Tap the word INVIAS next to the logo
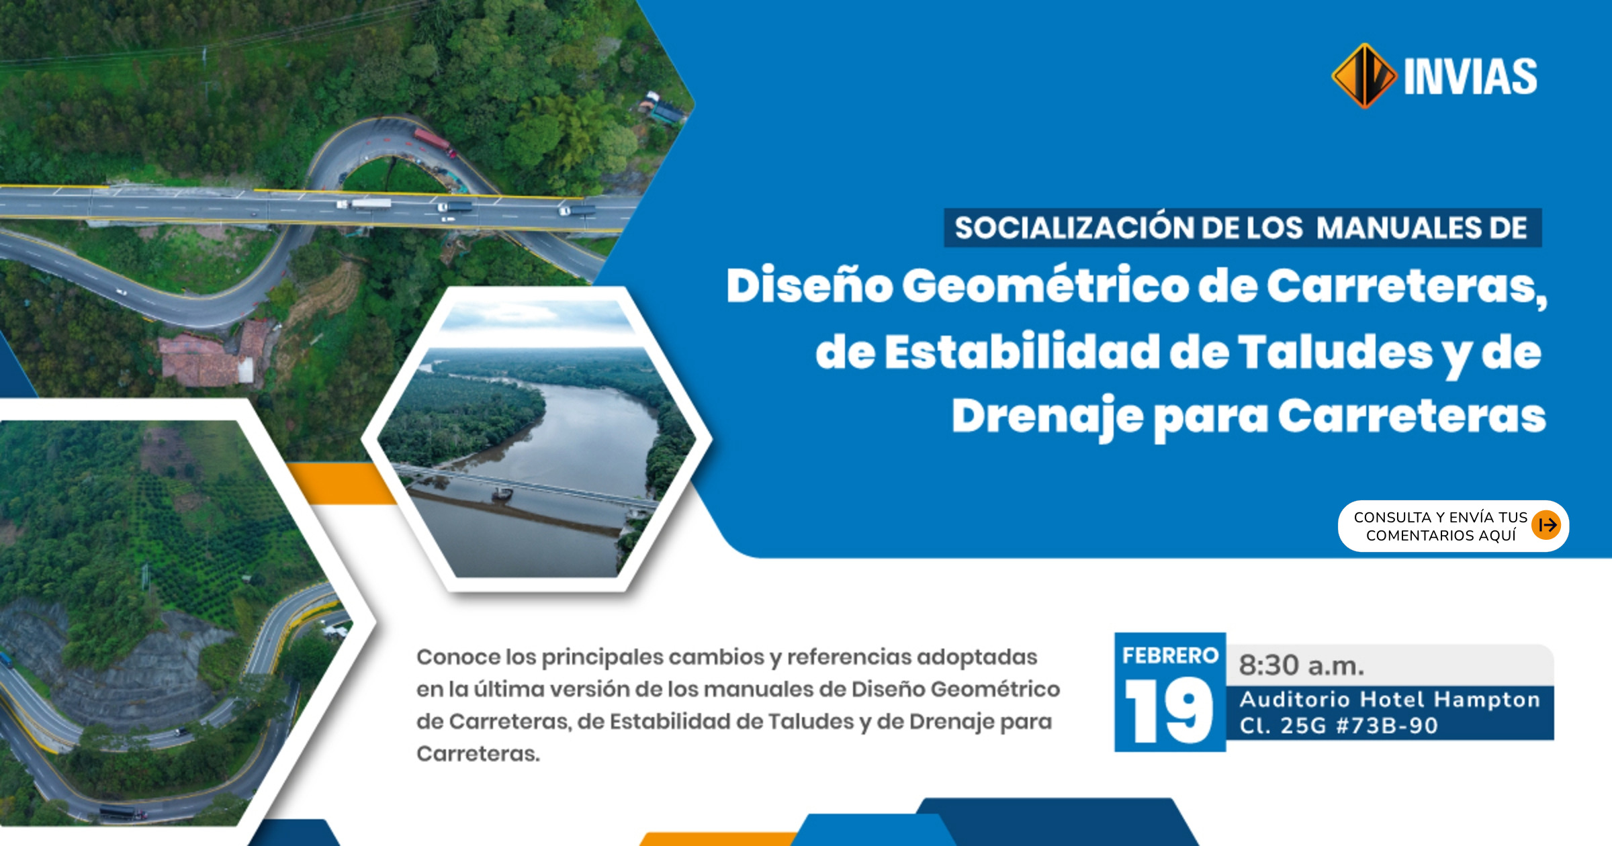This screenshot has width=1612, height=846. (x=1470, y=77)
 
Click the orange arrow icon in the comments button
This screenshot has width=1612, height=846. (x=1546, y=525)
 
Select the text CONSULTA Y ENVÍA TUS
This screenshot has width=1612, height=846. (x=1441, y=517)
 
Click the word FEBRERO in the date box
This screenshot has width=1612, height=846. (x=1170, y=655)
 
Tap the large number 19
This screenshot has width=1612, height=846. (x=1169, y=710)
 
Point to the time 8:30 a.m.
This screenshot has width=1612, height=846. (x=1301, y=665)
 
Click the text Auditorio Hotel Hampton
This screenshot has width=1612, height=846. (x=1390, y=700)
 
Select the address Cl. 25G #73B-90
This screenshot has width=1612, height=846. (x=1339, y=726)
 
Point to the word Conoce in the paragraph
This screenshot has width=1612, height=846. (x=459, y=657)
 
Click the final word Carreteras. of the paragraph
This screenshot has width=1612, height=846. (x=478, y=753)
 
